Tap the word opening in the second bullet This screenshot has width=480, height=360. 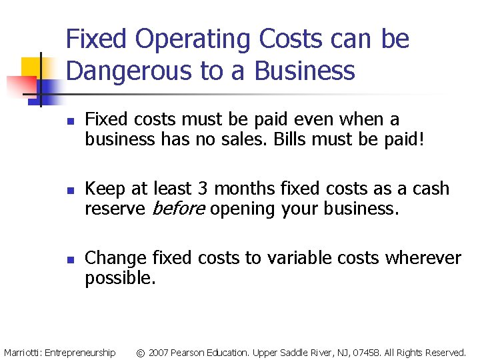pos(246,209)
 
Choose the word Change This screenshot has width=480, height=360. pos(116,258)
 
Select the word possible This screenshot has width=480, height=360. pos(120,278)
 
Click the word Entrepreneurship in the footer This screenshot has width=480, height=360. pos(79,352)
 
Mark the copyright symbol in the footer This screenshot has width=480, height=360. pos(140,352)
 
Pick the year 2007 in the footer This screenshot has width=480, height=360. pos(159,352)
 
